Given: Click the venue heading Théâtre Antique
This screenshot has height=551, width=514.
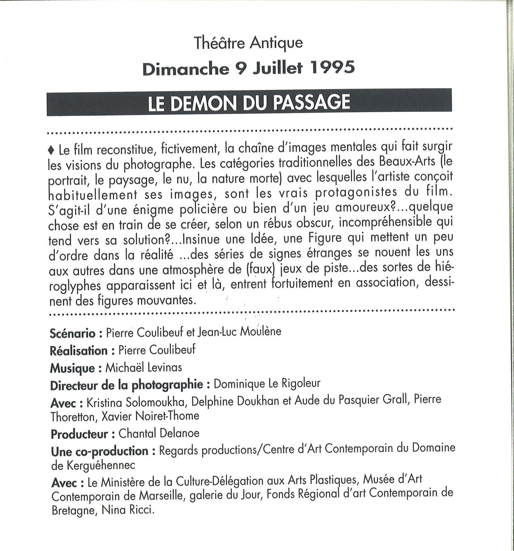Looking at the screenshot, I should [x=248, y=43].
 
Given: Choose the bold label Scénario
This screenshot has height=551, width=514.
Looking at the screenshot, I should [x=72, y=333].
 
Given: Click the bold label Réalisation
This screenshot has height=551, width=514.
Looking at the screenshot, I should [x=79, y=350].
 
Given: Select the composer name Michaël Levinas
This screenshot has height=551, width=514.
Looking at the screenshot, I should [x=143, y=367].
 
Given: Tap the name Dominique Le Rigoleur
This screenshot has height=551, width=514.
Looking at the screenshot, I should [x=267, y=384].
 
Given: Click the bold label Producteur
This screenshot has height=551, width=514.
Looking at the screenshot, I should [x=80, y=434].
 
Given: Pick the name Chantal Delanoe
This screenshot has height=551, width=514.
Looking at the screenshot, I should [x=159, y=433].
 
